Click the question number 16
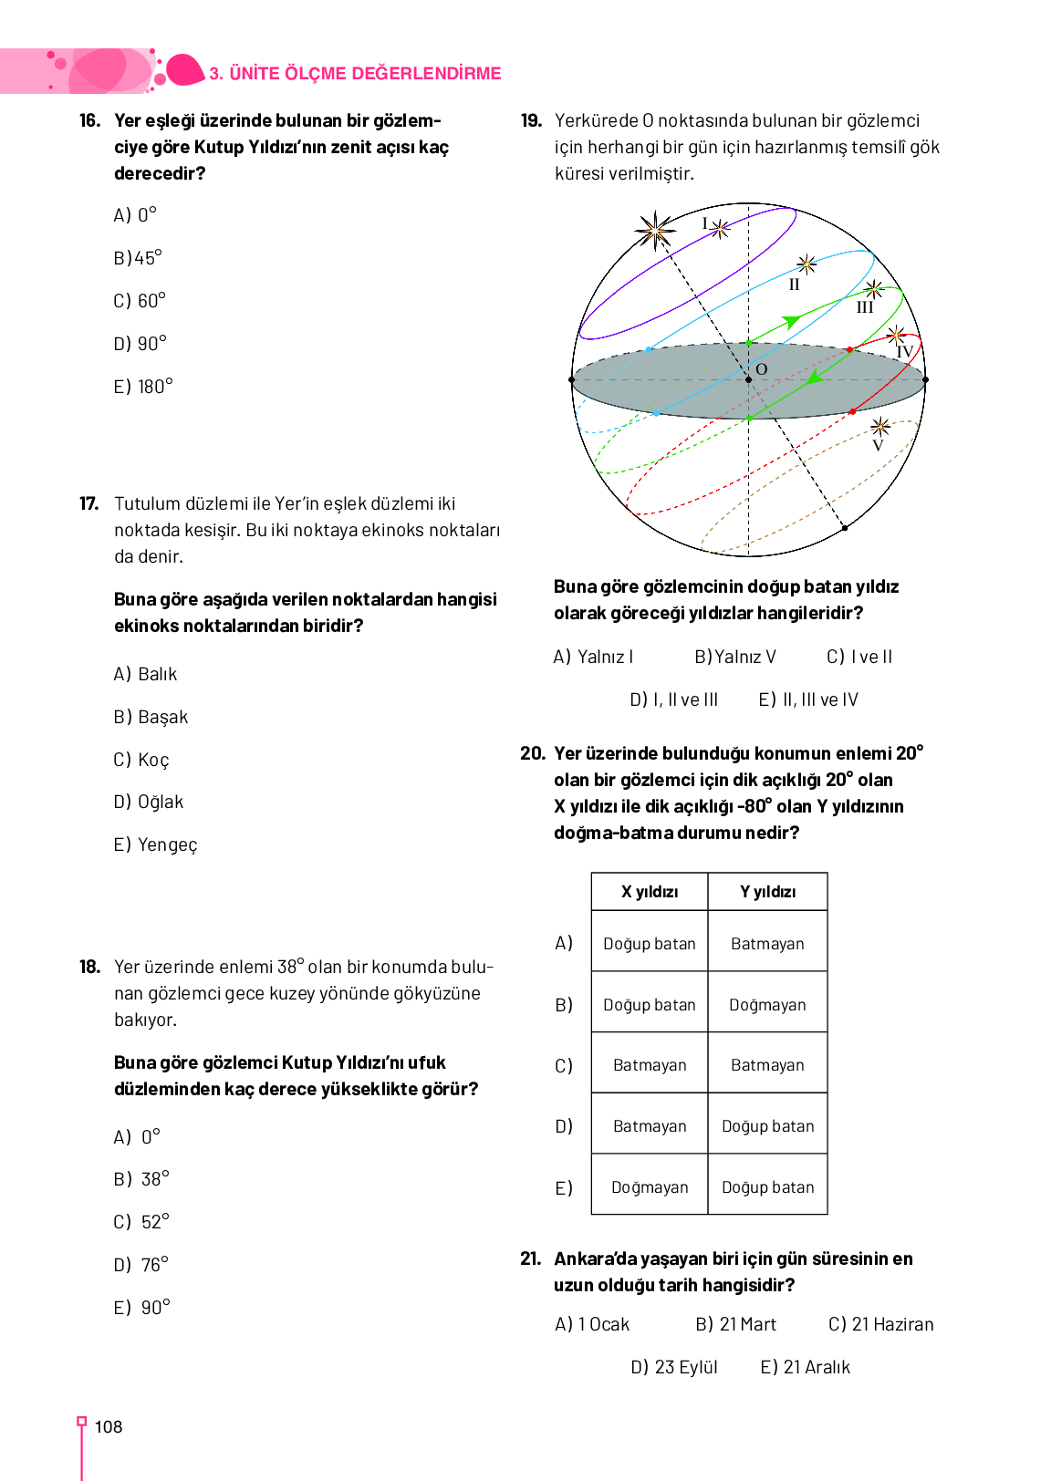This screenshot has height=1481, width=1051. pos(89,120)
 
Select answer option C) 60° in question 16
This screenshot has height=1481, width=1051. pos(140,300)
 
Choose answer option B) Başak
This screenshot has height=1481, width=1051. pos(151,717)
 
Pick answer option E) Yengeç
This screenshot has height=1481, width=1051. pos(155,844)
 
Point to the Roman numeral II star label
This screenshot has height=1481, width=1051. pos(794,285)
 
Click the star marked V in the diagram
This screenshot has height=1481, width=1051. pos(880,427)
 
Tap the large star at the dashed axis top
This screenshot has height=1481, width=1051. pos(655,231)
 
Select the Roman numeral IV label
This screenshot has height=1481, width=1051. pos(904,352)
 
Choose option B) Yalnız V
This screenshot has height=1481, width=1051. pos(735,657)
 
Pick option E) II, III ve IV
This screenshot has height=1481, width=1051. pos(808,699)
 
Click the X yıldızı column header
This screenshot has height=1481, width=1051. pos(650,892)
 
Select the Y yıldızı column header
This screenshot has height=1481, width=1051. pos(767,892)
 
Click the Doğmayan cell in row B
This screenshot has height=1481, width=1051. pos(767,1005)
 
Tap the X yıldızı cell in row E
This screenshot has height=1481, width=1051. pos(650,1187)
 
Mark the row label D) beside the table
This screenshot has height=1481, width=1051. pos(564,1126)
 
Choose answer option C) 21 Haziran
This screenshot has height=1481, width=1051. pos(880,1324)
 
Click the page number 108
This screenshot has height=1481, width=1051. pos(108,1427)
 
